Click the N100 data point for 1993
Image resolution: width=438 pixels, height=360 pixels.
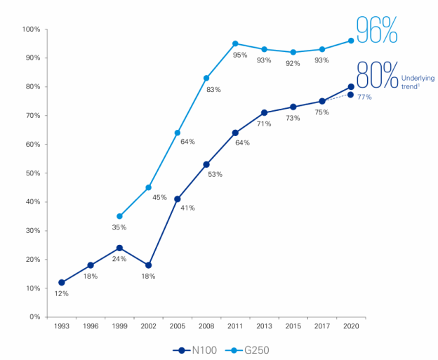point(62,282)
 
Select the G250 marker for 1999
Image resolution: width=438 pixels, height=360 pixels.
point(119,216)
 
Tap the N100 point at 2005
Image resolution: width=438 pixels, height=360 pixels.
point(177,199)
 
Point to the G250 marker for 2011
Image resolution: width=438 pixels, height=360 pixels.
point(235,44)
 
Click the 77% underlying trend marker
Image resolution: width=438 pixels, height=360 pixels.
point(351,95)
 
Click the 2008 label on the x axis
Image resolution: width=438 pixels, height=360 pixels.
point(206,326)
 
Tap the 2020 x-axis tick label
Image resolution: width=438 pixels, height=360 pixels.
point(350,326)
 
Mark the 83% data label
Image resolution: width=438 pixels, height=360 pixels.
point(214,89)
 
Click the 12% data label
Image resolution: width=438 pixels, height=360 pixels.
point(61,293)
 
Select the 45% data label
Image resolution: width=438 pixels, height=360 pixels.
point(159,197)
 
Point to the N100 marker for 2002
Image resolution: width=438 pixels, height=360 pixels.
point(148,265)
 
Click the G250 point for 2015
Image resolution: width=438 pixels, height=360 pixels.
point(293,52)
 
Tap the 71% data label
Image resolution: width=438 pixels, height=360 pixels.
point(264,124)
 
